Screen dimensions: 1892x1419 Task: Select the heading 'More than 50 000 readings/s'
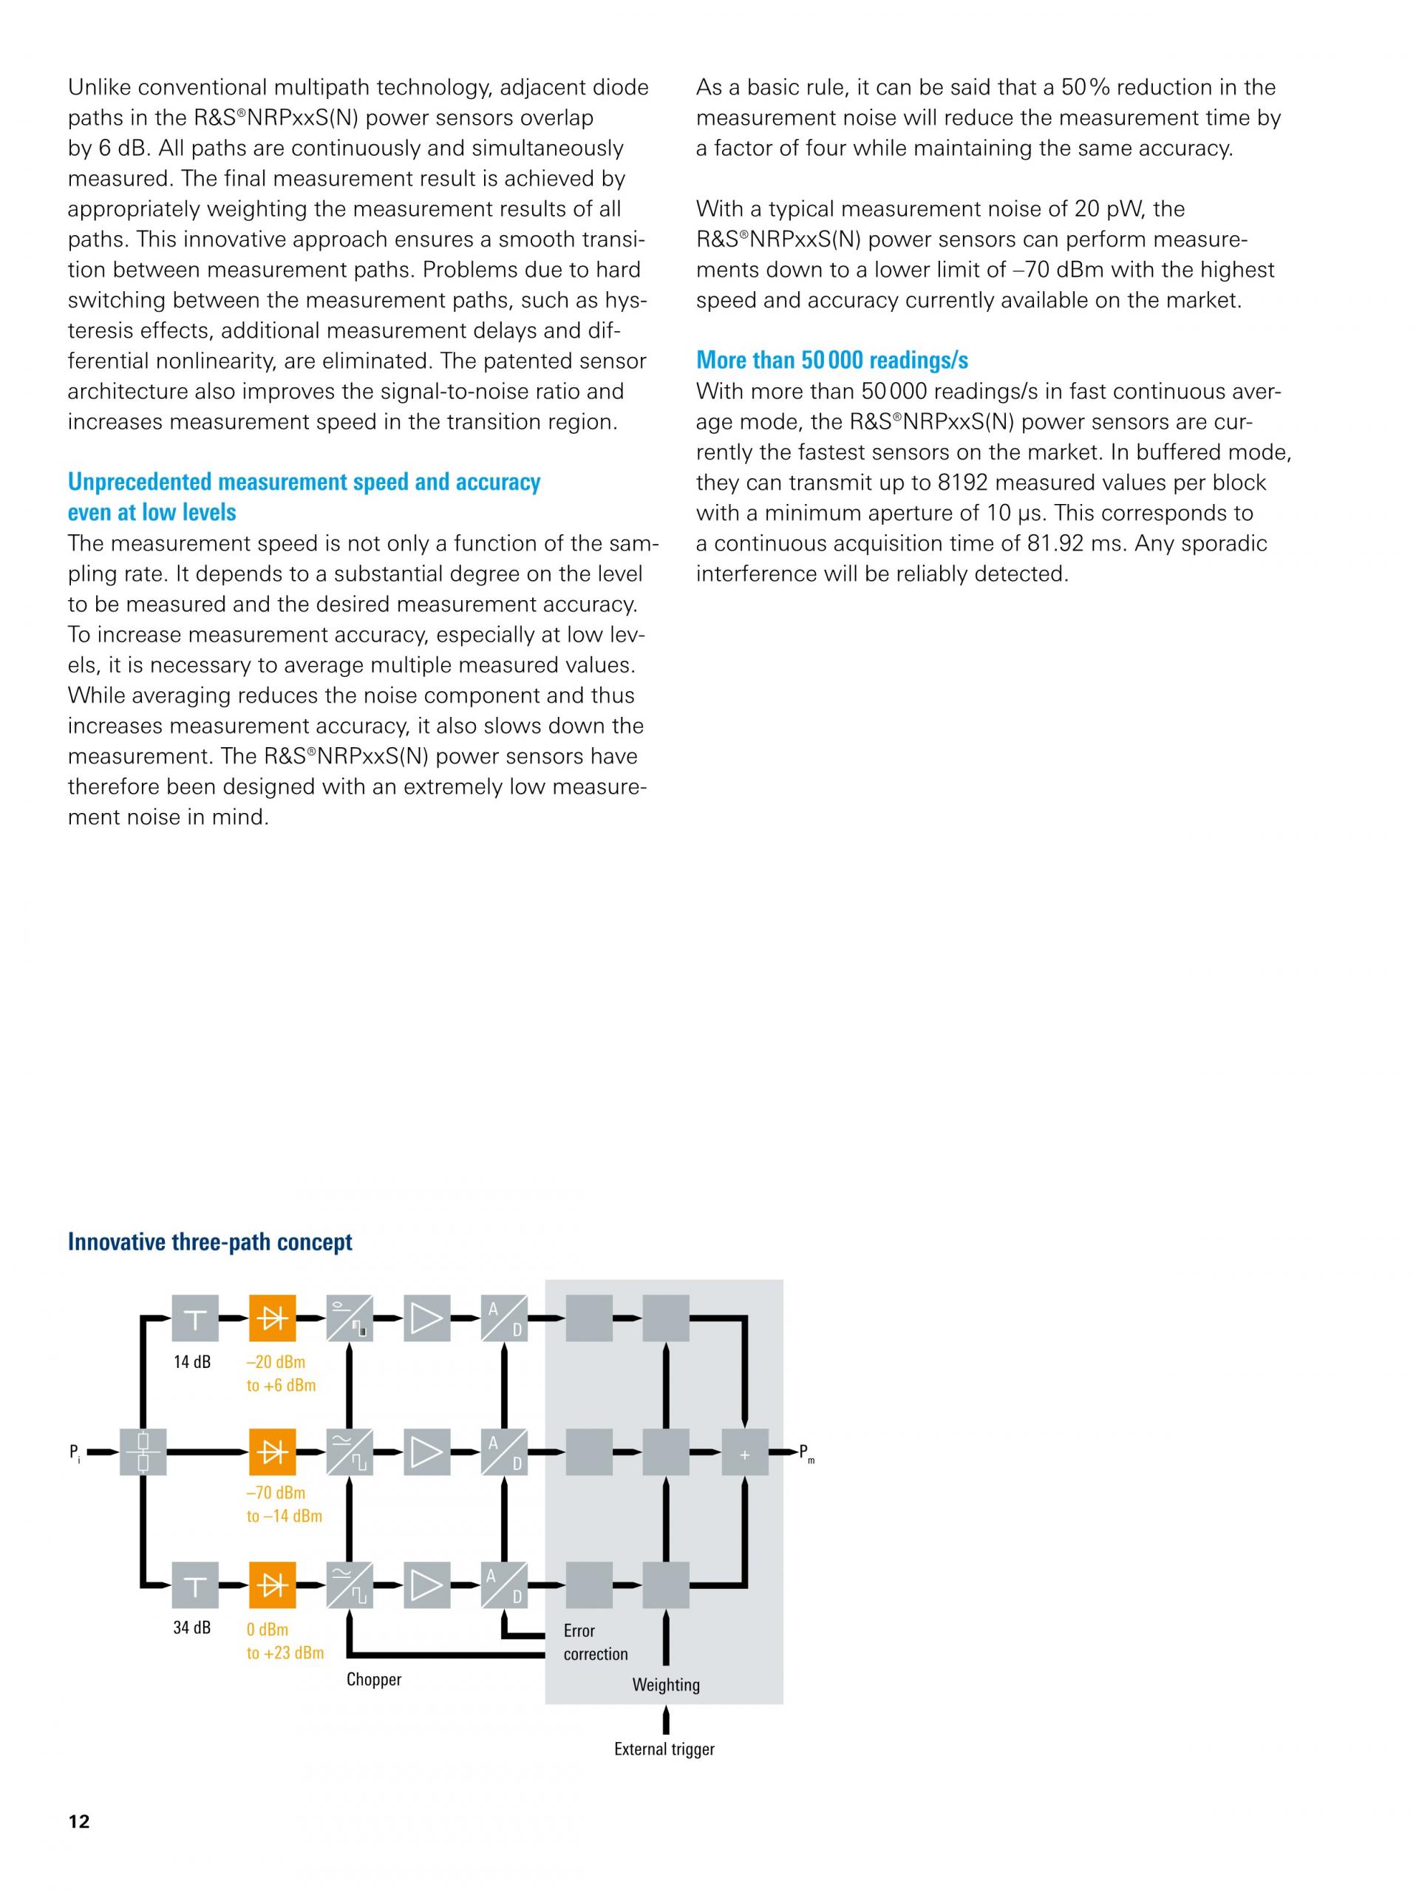point(831,360)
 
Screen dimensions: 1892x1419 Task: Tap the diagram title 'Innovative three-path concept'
point(210,1242)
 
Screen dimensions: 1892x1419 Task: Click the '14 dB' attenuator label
point(191,1361)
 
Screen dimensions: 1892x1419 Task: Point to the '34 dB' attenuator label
point(191,1627)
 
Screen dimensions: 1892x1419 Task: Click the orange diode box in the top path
point(272,1318)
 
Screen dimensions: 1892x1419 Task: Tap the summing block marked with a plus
point(744,1452)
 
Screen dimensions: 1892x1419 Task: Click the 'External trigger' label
point(664,1749)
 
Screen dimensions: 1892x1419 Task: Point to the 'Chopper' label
point(374,1679)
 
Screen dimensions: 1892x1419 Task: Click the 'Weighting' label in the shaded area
point(665,1684)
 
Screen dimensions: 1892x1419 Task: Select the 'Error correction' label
point(595,1642)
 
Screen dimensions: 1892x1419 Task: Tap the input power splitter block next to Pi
point(143,1452)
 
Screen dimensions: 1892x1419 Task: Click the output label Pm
point(806,1452)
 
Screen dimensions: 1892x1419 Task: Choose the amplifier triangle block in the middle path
point(426,1452)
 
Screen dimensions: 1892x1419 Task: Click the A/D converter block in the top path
point(504,1318)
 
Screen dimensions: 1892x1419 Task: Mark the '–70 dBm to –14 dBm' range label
point(284,1505)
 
